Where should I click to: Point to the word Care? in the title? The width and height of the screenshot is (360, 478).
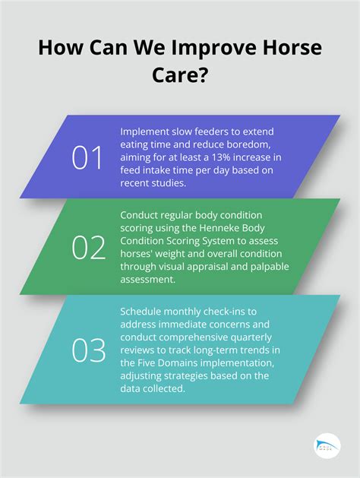(180, 77)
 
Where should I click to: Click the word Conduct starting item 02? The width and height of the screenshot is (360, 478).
(141, 214)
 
